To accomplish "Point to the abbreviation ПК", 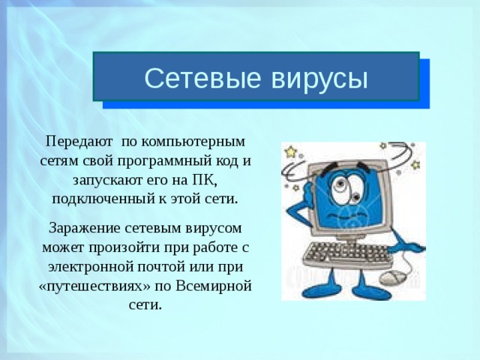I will pos(202,181).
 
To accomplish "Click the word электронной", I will pos(85,266).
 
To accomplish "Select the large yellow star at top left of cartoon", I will pos(290,151).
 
